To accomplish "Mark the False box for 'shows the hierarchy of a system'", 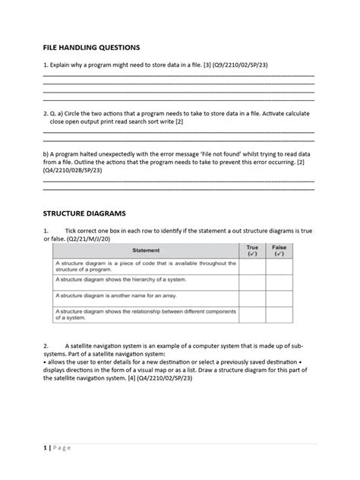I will click(279, 281).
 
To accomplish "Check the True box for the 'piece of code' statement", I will click(252, 265).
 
